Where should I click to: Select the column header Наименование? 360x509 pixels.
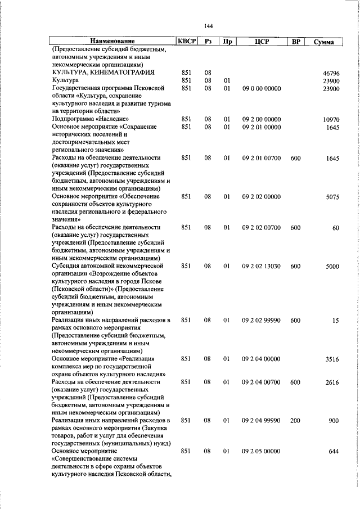[x=112, y=42]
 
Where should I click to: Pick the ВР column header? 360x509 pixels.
[x=296, y=42]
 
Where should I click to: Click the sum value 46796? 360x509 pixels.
[x=331, y=73]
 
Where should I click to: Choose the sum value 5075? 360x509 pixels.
[x=332, y=197]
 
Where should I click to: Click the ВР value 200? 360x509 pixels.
[x=296, y=421]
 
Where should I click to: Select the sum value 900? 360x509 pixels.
[x=334, y=421]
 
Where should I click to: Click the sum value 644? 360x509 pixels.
[x=334, y=452]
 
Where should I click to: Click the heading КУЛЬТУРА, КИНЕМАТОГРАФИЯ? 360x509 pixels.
[x=103, y=73]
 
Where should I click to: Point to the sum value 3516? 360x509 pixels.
[x=332, y=359]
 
